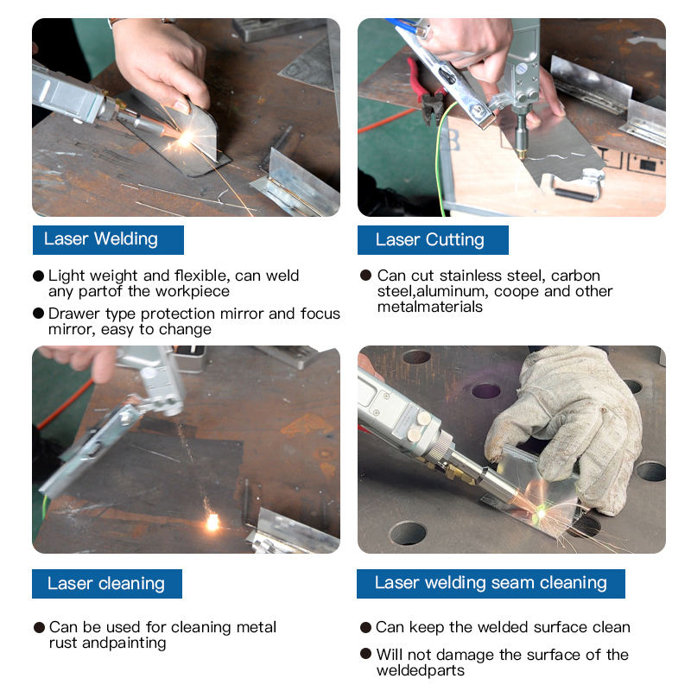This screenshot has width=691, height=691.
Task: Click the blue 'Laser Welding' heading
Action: pyautogui.click(x=108, y=240)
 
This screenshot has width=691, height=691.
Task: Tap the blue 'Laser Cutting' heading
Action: pyautogui.click(x=433, y=240)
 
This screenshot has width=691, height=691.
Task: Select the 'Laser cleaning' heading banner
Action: pyautogui.click(x=107, y=584)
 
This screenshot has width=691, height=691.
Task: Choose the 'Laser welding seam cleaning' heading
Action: pyautogui.click(x=491, y=584)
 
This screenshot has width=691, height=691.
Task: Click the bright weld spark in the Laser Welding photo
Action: pyautogui.click(x=186, y=138)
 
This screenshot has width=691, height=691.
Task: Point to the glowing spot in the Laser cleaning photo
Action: pyautogui.click(x=212, y=522)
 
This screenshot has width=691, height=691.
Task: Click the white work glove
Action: pyautogui.click(x=568, y=423)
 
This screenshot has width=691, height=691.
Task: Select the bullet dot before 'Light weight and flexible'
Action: pyautogui.click(x=38, y=276)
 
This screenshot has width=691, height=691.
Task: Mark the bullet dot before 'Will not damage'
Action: pyautogui.click(x=365, y=654)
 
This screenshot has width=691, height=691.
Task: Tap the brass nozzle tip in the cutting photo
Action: pyautogui.click(x=523, y=155)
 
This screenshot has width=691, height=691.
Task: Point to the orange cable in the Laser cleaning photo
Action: pyautogui.click(x=65, y=404)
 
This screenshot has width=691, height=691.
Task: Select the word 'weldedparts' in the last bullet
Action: pyautogui.click(x=421, y=671)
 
